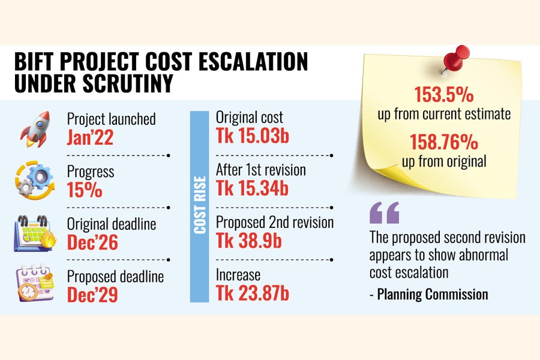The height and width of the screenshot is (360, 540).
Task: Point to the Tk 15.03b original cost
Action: pos(252,136)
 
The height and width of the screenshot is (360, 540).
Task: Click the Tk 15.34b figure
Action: pos(252,188)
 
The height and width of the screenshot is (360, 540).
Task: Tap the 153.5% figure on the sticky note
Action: pos(443,95)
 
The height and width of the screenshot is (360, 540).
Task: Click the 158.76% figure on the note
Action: pos(443,143)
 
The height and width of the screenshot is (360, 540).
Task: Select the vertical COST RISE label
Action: pos(199,205)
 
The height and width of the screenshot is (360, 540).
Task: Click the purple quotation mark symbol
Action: pos(384,213)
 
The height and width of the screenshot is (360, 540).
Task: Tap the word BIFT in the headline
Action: pos(41,61)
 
